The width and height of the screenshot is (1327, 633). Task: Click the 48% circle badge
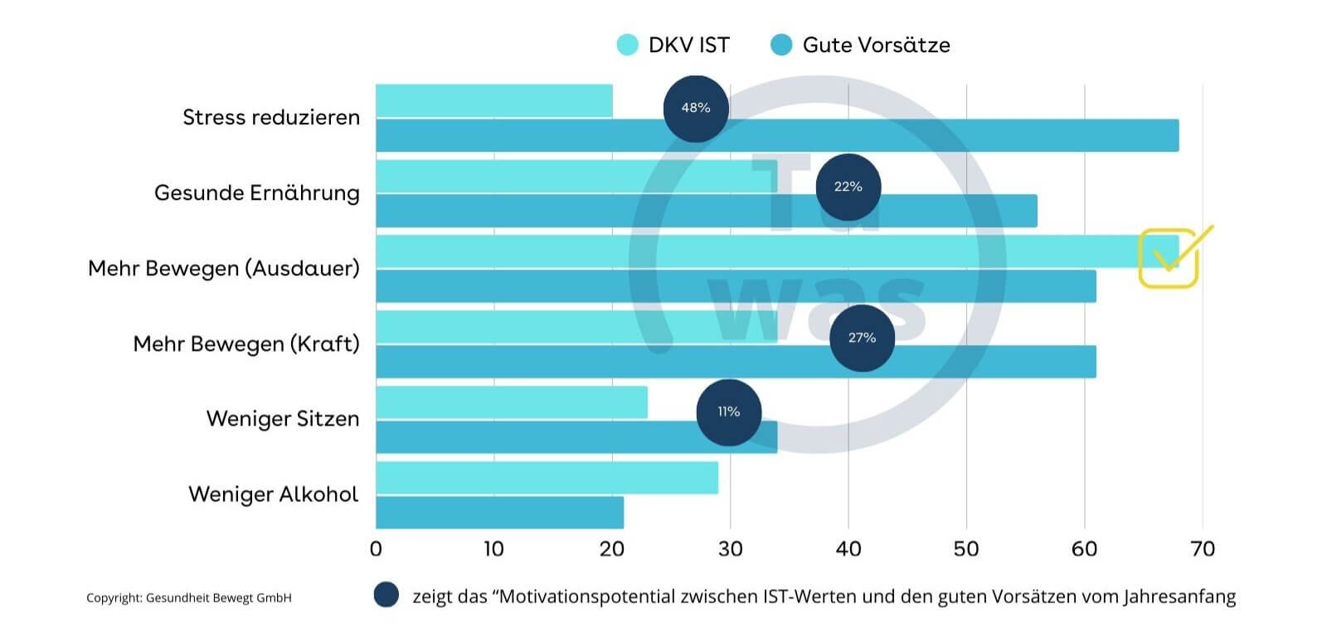click(x=696, y=108)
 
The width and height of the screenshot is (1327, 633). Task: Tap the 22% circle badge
click(x=848, y=187)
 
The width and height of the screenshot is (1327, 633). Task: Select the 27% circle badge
click(x=862, y=338)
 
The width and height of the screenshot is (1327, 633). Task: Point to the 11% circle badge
click(x=728, y=412)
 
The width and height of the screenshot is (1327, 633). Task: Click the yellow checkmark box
click(x=1169, y=258)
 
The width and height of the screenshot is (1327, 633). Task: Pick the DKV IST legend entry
click(x=673, y=45)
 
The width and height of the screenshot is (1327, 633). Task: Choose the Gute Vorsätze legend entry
click(x=861, y=45)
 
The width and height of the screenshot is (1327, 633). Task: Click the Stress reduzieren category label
click(x=271, y=117)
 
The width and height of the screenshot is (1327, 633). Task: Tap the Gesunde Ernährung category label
click(x=257, y=192)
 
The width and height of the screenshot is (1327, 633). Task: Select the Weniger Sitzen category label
click(x=283, y=418)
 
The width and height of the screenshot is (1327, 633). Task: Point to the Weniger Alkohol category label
click(x=274, y=494)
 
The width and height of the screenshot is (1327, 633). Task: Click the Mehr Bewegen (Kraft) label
click(x=246, y=343)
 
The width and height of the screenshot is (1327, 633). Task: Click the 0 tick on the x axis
click(x=376, y=549)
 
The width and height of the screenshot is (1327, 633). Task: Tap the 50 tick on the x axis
click(x=966, y=549)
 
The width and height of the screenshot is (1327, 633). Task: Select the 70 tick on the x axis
click(x=1203, y=549)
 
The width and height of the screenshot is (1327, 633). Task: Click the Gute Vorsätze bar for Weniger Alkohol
click(x=499, y=513)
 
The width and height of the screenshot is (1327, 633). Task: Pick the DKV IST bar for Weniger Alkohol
click(x=547, y=478)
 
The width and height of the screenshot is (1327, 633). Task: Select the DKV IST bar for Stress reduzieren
click(x=493, y=100)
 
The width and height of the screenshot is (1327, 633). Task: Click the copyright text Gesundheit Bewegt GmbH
click(x=189, y=597)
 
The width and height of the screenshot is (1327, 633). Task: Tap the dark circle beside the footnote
click(x=386, y=595)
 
